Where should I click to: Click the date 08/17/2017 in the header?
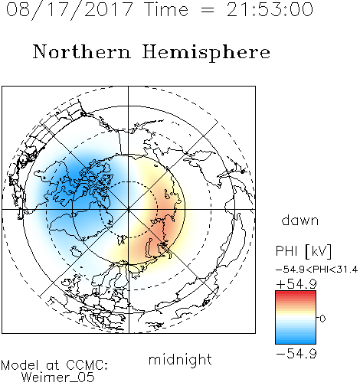point(70,10)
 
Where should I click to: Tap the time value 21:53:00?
point(270,9)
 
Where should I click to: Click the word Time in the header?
point(166,9)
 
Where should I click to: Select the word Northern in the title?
point(81,51)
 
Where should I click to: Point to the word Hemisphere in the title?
point(206,53)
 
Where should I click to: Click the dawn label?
point(300,221)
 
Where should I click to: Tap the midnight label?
point(180,359)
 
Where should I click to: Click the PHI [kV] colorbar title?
point(303,251)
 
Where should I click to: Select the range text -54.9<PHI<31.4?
point(316,270)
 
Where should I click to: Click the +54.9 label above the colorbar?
point(296,284)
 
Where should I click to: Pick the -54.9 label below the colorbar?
point(296,354)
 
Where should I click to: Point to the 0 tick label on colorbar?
point(322,319)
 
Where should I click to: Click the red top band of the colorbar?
point(296,293)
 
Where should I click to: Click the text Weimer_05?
point(58,378)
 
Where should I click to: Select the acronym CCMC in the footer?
point(87,365)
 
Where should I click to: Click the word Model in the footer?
point(20,365)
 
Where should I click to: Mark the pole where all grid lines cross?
point(128,209)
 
